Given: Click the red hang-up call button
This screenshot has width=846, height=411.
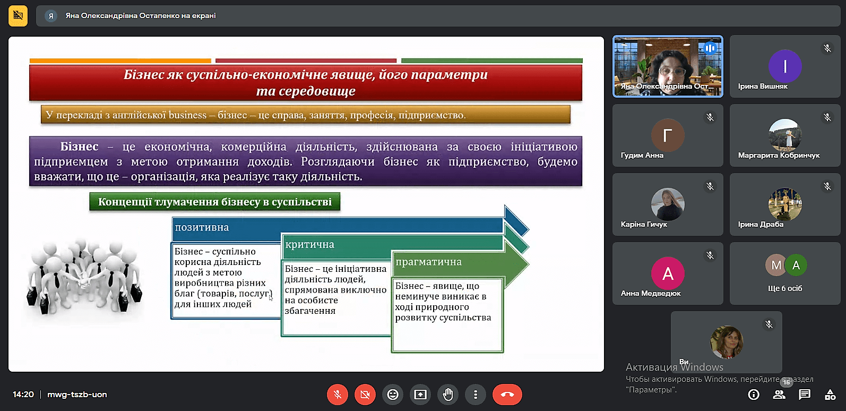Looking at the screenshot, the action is click(x=507, y=395).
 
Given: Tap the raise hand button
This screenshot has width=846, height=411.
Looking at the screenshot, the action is click(x=448, y=395).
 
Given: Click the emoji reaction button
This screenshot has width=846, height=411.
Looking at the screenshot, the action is click(x=393, y=395).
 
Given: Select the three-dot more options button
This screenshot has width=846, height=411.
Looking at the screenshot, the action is click(x=476, y=395).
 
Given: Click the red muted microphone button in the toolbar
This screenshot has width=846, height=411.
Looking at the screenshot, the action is click(x=338, y=395).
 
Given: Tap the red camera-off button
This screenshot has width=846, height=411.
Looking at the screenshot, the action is click(x=365, y=395).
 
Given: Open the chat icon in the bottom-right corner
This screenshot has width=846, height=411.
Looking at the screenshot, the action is click(x=805, y=395).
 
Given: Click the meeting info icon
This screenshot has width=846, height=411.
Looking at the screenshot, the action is click(x=754, y=395).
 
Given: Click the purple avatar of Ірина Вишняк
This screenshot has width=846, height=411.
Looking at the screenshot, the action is click(x=785, y=66).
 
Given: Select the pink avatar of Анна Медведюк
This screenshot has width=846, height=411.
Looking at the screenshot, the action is click(x=668, y=273).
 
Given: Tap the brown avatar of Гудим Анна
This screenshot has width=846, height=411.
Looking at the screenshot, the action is click(x=668, y=135).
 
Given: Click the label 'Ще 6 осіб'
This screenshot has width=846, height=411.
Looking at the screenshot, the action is click(x=785, y=288).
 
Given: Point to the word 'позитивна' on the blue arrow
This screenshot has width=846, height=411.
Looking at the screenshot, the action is click(x=202, y=227).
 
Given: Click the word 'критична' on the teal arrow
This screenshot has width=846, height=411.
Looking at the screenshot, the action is click(x=310, y=244).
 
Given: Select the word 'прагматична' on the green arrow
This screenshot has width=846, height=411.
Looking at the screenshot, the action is click(x=428, y=262).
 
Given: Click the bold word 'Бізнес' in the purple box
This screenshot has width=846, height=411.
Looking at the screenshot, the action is click(x=79, y=146).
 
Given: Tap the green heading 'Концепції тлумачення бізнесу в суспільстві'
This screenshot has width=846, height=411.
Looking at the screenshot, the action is click(x=215, y=202).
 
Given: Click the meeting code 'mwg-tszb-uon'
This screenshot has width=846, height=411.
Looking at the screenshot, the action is click(x=77, y=395).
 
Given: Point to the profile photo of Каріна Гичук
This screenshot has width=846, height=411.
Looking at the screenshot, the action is click(x=668, y=204).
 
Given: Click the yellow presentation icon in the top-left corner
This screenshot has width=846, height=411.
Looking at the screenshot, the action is click(x=18, y=15).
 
